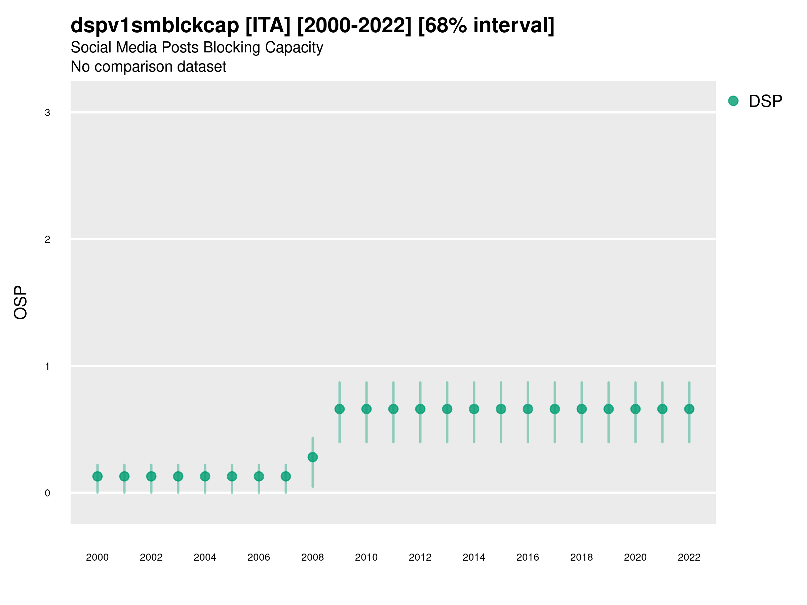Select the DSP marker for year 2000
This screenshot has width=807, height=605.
point(98,476)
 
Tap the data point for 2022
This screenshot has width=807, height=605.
point(689,409)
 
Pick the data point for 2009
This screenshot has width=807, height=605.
point(340,409)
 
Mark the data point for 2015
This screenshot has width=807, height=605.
point(501,409)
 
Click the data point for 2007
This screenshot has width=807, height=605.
point(286,476)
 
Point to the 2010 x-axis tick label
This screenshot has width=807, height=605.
point(366,557)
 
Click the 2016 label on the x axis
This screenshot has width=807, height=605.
point(528,557)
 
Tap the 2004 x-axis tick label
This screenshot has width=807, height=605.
point(205,557)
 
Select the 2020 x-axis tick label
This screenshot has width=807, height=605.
point(635,557)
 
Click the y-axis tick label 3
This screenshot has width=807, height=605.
point(47,113)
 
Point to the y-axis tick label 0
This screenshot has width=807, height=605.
point(47,493)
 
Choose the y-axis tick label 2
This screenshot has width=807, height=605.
point(47,240)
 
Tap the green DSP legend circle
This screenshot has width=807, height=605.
point(733,101)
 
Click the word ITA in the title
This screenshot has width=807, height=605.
point(268,26)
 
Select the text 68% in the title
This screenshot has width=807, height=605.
point(446,26)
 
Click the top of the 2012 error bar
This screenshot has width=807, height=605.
point(420,382)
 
